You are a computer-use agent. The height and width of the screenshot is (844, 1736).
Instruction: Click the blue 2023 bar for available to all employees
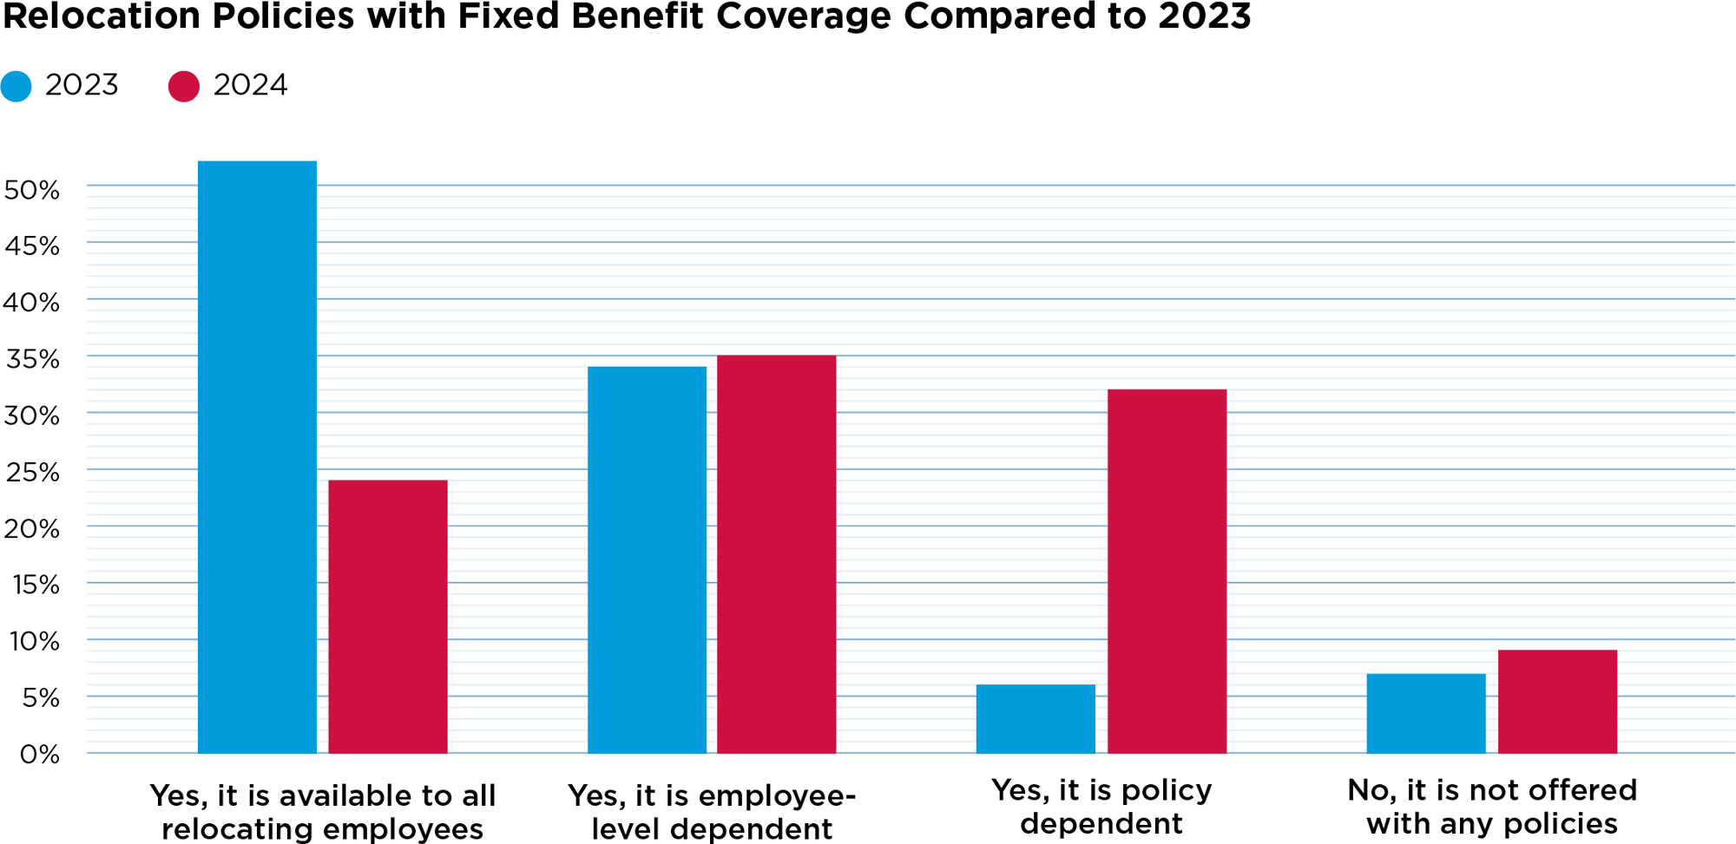point(257,457)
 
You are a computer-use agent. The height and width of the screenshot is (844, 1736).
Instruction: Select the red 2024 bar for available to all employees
point(388,617)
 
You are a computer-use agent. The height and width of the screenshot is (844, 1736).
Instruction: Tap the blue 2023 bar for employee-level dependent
point(647,559)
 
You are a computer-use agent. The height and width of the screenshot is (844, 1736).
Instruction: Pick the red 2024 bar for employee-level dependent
point(776,554)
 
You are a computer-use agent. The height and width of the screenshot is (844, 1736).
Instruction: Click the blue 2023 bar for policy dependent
point(1036,719)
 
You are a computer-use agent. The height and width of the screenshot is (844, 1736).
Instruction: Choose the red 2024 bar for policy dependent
point(1167,571)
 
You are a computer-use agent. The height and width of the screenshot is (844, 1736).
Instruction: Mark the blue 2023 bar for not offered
point(1425,713)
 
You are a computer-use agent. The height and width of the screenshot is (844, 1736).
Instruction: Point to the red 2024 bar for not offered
point(1557,701)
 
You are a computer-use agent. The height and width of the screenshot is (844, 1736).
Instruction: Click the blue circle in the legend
point(16,86)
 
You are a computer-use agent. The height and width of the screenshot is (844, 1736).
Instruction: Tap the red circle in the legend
point(184,86)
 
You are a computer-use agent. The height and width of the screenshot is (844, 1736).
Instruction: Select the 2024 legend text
point(250,85)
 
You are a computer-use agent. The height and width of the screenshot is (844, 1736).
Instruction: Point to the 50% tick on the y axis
point(32,190)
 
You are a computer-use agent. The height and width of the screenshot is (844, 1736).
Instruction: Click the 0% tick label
point(39,754)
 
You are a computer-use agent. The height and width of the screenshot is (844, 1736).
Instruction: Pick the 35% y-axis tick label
point(32,359)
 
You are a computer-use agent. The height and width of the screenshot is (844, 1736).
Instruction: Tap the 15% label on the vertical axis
point(36,585)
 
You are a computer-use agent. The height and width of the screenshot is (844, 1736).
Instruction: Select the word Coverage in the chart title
point(803,16)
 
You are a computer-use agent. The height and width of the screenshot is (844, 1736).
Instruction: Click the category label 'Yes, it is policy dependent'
point(1101,807)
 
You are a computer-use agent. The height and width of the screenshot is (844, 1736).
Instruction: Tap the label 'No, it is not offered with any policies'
point(1491,807)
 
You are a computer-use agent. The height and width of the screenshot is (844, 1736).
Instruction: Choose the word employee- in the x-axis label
point(777,795)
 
